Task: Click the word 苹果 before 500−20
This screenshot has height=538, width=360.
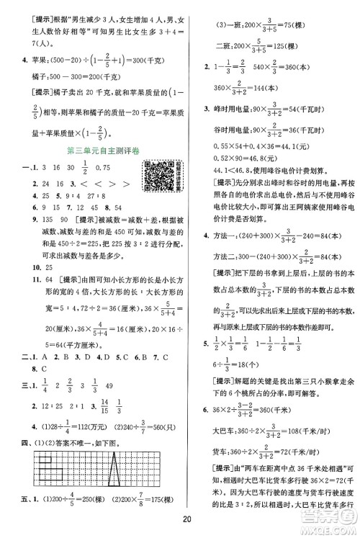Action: (x=32, y=55)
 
